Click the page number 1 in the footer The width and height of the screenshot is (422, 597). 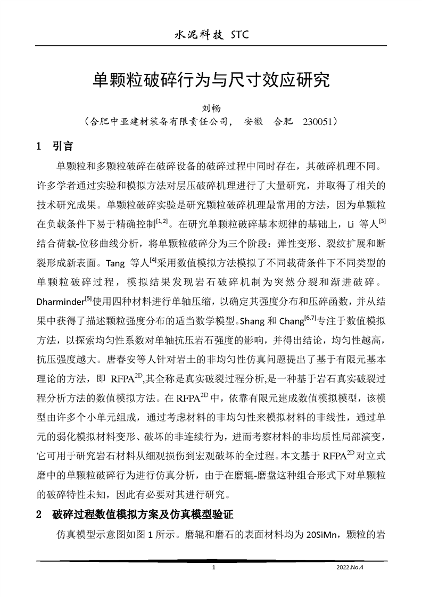pyautogui.click(x=213, y=568)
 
